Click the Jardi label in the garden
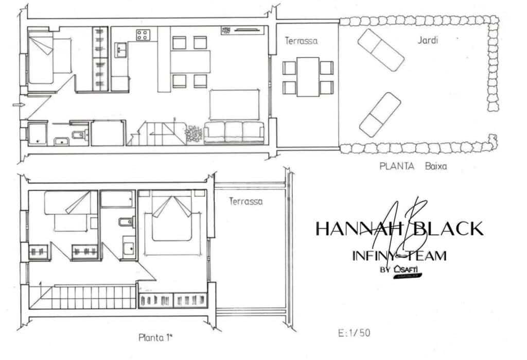tap(428, 40)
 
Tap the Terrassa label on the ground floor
tap(301, 41)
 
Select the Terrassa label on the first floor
tap(245, 201)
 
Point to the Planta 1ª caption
tap(155, 338)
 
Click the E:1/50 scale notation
tap(354, 333)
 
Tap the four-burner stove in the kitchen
tap(143, 35)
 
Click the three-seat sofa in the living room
tap(234, 132)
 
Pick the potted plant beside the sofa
tap(194, 134)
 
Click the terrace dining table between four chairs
tap(308, 77)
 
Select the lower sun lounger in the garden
tap(380, 114)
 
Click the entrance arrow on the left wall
tap(16, 105)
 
